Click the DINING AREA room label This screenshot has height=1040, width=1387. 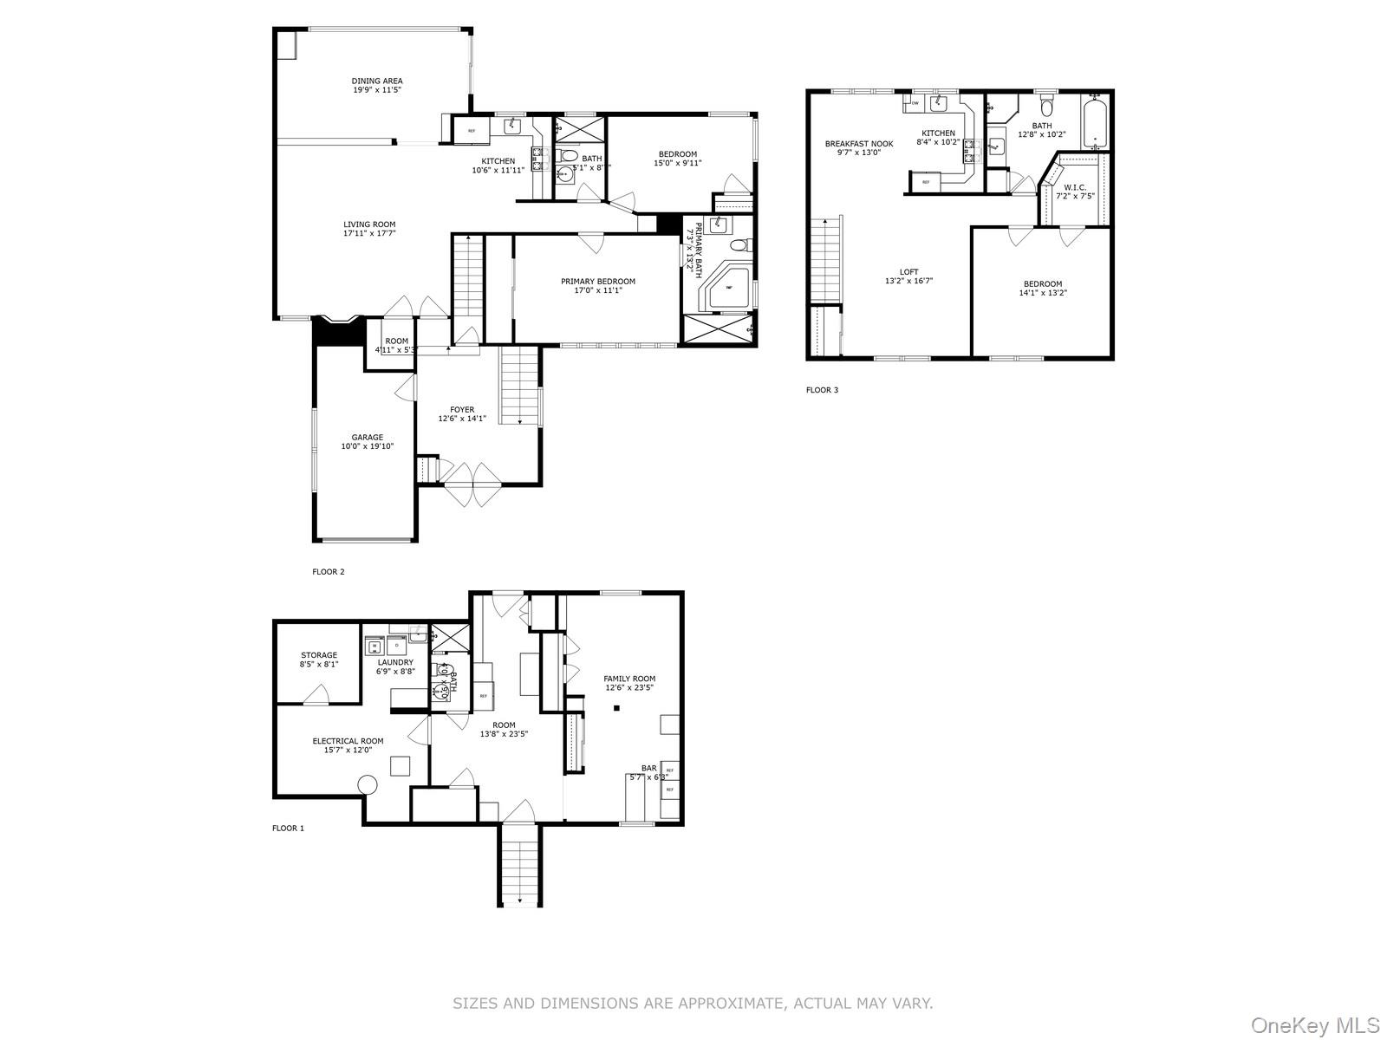377,81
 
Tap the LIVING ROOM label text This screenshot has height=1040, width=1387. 369,224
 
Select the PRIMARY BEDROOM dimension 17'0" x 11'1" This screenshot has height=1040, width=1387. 598,290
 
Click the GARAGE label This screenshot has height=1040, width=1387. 368,438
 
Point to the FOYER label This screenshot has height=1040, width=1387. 462,409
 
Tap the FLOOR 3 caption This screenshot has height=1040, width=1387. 822,390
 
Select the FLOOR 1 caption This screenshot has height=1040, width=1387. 289,829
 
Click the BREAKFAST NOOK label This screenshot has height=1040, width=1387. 859,144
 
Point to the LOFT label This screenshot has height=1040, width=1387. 908,271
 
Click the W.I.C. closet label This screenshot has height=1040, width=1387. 1075,186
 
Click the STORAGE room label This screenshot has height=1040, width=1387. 319,655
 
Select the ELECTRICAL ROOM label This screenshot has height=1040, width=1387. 348,741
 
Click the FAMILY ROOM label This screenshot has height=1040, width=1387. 629,679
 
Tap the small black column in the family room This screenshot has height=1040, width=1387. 617,709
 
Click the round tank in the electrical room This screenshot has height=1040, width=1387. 368,785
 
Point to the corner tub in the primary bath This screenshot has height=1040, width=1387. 730,289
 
